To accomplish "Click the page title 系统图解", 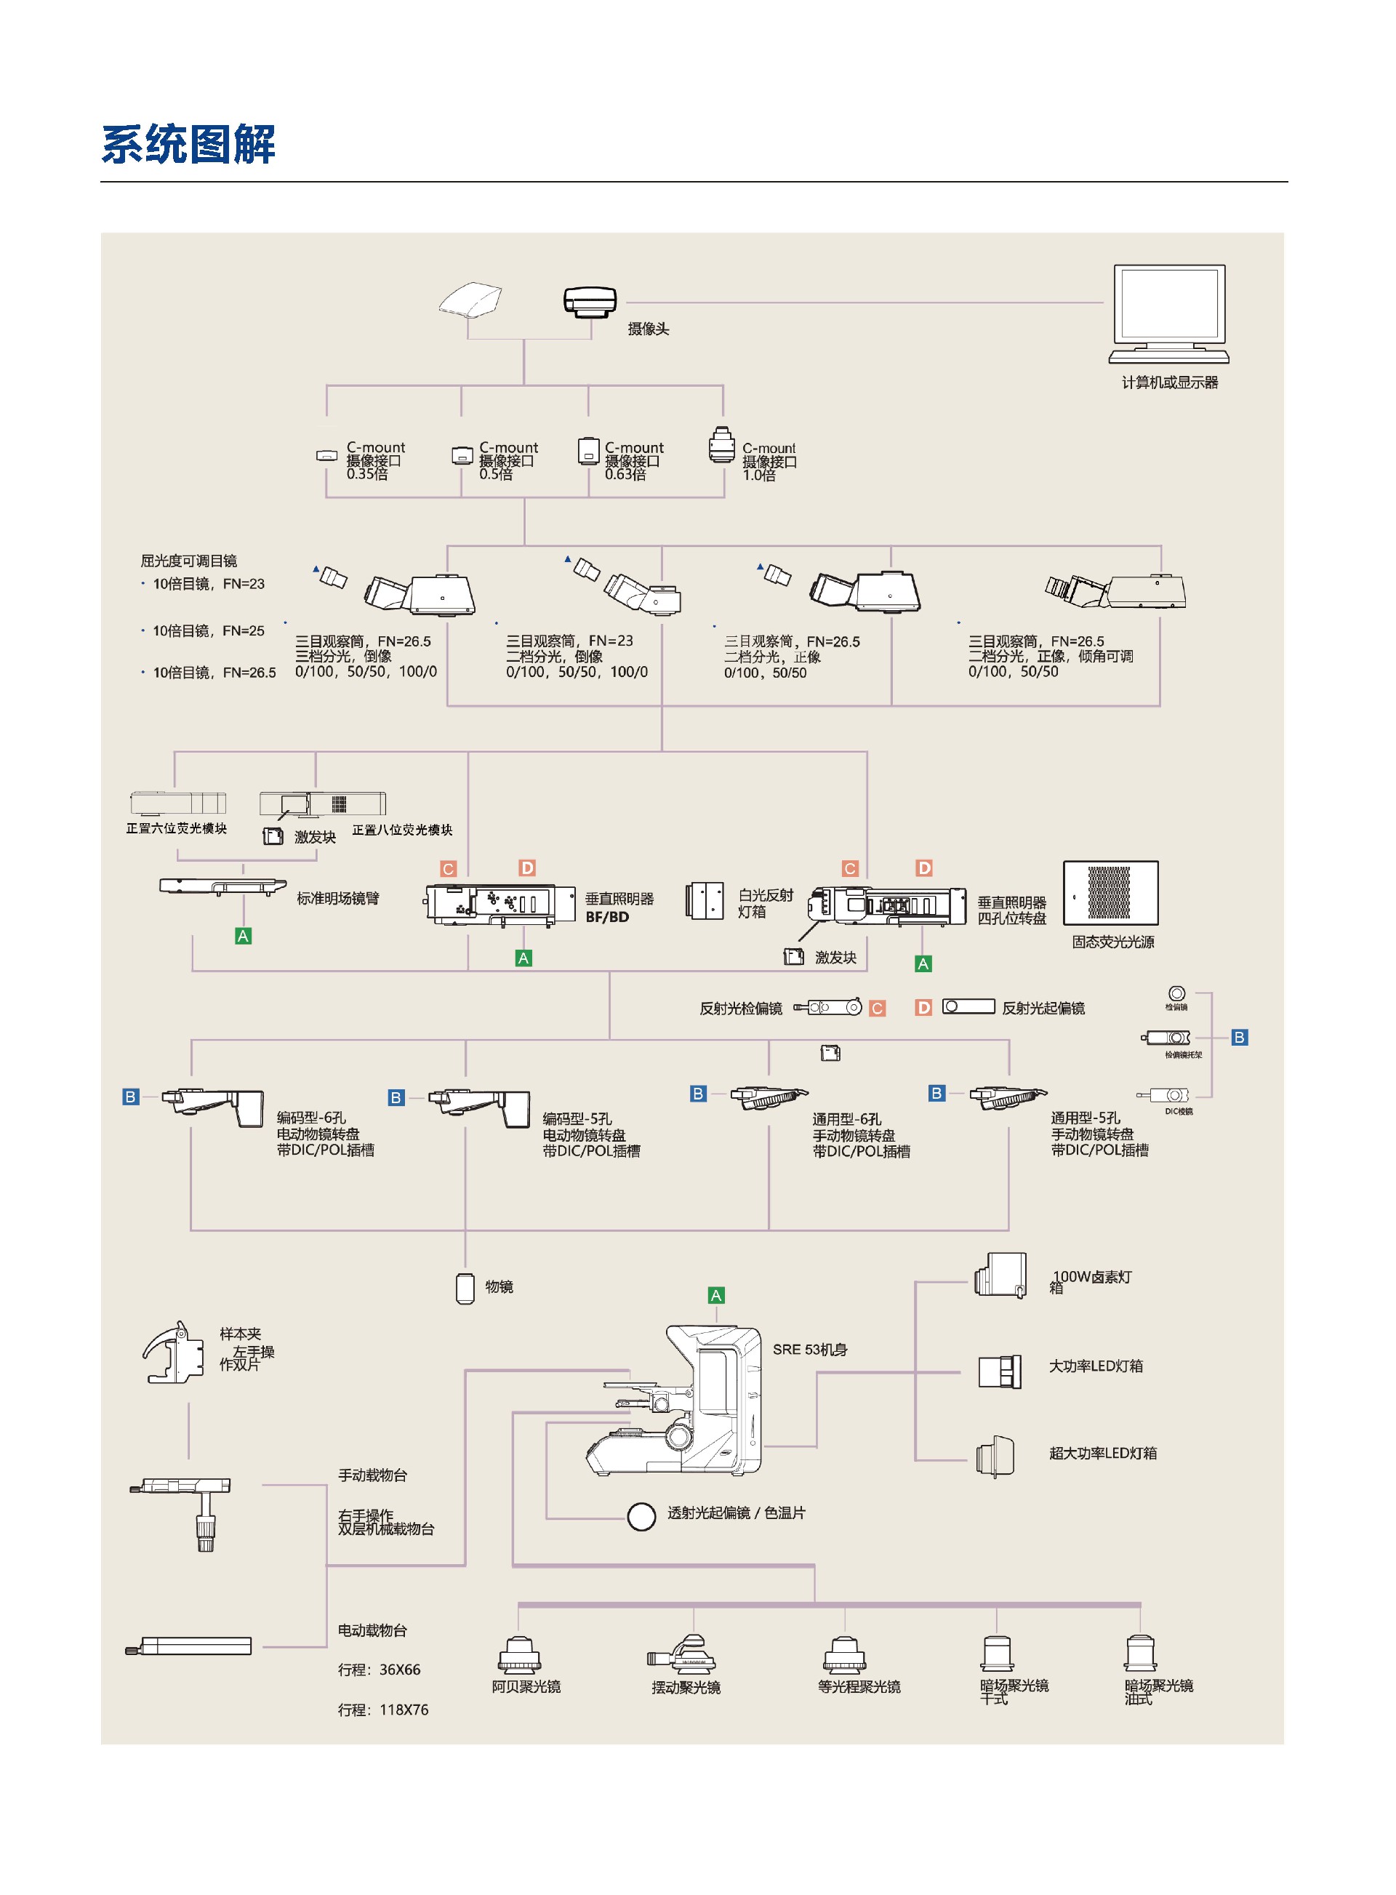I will [x=188, y=145].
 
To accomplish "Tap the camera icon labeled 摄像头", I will [x=590, y=302].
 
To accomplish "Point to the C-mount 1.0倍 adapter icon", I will [x=721, y=446].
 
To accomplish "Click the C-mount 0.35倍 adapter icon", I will [x=326, y=456].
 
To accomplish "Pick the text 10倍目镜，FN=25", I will [x=208, y=630].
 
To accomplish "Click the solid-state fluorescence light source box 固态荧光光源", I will [x=1110, y=894].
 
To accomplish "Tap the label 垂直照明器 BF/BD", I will [x=619, y=908].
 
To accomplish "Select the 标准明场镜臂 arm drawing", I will [x=222, y=886].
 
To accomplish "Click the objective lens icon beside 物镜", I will [x=465, y=1287].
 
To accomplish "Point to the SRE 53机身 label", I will [x=809, y=1350].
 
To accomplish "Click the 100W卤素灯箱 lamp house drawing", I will [x=1000, y=1275].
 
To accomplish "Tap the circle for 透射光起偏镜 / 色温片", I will [x=641, y=1516].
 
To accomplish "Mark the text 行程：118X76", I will [x=382, y=1710].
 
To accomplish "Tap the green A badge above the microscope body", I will [x=715, y=1296].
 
